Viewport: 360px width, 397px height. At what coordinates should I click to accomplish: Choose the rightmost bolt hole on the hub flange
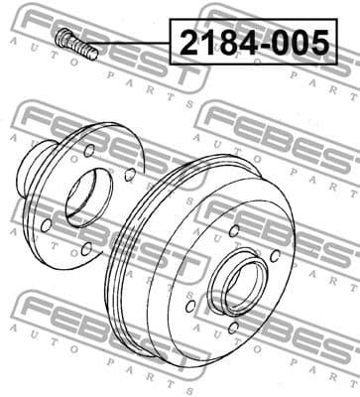point(130,175)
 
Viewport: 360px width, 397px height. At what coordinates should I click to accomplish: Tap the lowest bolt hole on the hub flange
point(87,248)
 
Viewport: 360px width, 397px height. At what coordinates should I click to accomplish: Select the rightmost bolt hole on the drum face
point(276,258)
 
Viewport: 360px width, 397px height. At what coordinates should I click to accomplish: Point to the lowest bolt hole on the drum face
point(233,327)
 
